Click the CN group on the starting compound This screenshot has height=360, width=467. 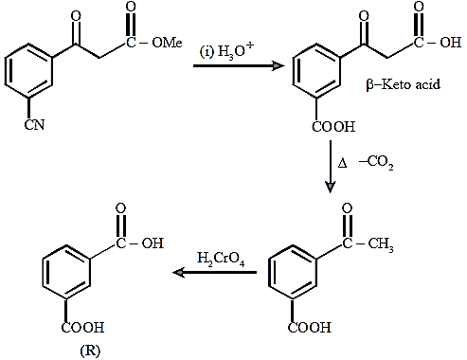click(34, 125)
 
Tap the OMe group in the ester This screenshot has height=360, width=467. click(167, 43)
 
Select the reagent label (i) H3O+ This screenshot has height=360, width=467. click(226, 50)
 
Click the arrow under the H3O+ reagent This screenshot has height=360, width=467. click(239, 66)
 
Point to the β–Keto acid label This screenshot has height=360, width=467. click(404, 84)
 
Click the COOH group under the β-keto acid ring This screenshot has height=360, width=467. click(333, 127)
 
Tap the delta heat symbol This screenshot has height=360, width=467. click(343, 163)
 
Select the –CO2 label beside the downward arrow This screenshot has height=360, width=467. click(376, 163)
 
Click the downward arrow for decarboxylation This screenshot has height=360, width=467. click(331, 167)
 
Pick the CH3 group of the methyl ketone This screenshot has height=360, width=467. click(381, 244)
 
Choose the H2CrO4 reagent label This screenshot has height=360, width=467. click(221, 260)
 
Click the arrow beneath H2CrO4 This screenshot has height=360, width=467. click(215, 272)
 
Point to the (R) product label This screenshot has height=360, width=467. click(90, 351)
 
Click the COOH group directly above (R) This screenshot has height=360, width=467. click(82, 328)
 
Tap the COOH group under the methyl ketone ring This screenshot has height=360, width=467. click(310, 328)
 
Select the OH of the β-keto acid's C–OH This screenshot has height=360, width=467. click(451, 43)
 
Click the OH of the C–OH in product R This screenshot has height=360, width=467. click(153, 243)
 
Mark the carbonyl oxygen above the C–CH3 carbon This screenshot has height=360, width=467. click(347, 208)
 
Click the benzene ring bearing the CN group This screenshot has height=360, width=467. click(28, 71)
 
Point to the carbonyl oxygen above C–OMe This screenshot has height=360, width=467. click(131, 7)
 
